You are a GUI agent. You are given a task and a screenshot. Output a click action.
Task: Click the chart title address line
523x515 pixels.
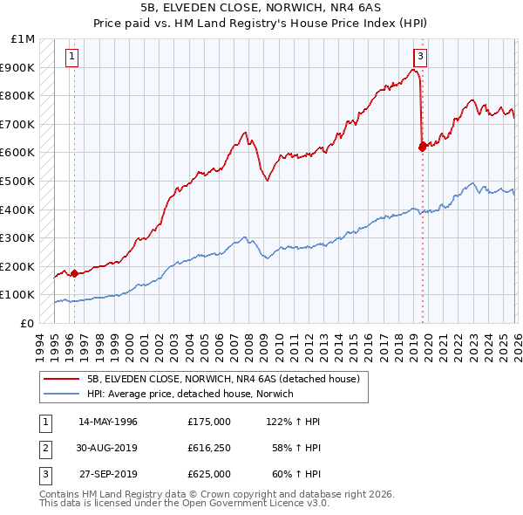point(261,8)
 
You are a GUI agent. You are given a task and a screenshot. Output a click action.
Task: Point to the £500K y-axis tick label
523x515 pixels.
point(19,181)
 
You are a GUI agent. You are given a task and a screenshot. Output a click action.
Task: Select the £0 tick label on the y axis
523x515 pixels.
point(28,323)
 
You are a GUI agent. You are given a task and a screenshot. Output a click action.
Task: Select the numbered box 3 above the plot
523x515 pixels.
point(421,58)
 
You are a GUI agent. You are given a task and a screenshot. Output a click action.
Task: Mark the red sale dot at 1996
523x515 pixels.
point(74,273)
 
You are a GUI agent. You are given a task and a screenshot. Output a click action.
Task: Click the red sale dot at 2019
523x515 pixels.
point(423,147)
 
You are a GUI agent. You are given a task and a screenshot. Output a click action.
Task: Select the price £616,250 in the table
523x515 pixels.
point(209,448)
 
